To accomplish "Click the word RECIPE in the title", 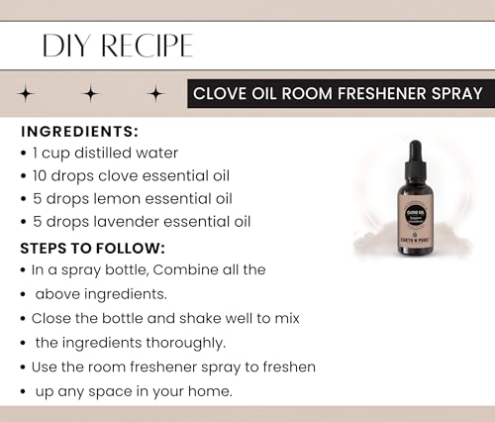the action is point(147,46).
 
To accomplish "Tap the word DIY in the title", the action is point(66,46).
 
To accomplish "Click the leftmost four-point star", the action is point(26,93).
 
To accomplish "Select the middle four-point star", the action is point(91,93).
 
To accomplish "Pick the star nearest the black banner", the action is point(155,93).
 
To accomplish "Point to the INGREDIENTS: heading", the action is point(79,132).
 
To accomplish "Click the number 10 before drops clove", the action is point(40,175).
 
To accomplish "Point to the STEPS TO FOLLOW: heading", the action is point(92,249).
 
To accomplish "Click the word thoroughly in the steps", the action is point(186,344).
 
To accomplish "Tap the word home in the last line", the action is point(210,391).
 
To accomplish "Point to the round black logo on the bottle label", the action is point(416,215).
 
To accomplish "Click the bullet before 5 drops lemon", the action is point(23,199).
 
